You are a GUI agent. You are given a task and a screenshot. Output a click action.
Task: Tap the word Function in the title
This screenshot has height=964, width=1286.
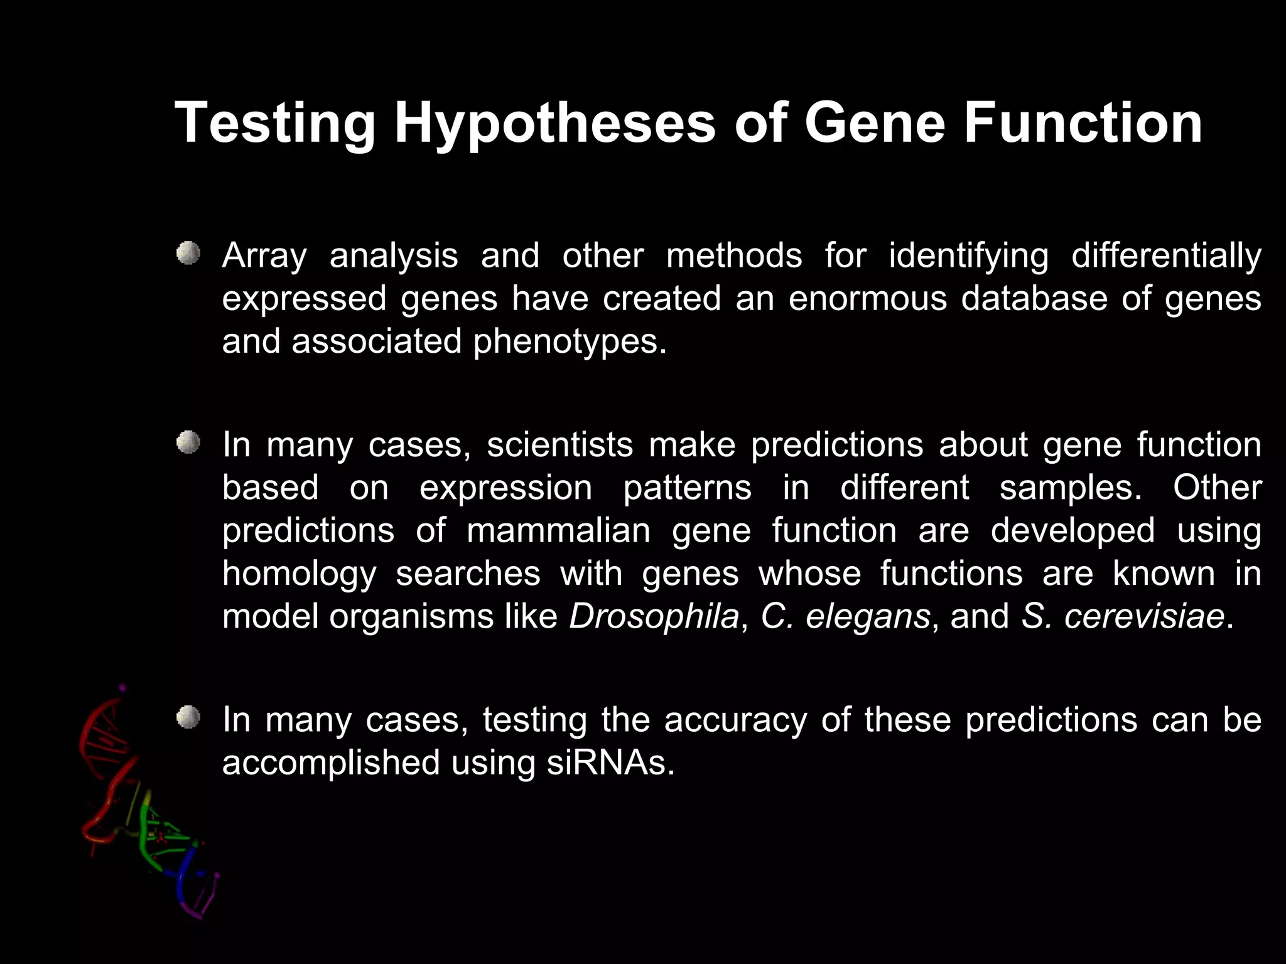[1083, 124]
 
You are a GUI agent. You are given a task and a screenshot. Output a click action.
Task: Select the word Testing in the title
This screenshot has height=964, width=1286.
[274, 124]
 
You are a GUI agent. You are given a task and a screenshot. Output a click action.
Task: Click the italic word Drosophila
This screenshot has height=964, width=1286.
[654, 616]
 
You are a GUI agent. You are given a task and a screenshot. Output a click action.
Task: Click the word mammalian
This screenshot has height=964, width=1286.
[558, 531]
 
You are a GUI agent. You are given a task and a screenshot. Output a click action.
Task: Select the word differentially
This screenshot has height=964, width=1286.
[1166, 256]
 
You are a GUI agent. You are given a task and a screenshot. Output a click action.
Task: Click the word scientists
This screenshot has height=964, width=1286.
[559, 445]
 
